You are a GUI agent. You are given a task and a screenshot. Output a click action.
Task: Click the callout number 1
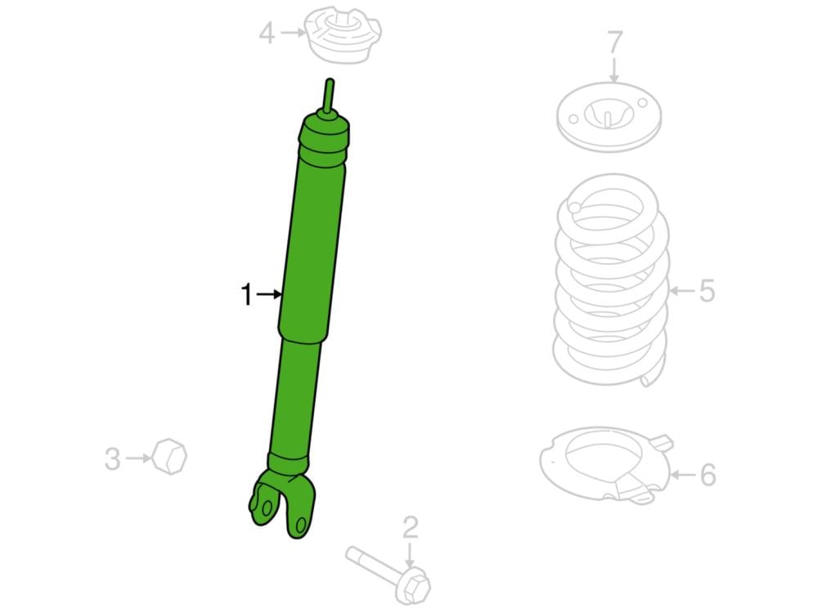246,295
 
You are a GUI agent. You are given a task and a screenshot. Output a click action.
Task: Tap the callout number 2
410,528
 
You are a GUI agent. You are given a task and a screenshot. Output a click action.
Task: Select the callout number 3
112,459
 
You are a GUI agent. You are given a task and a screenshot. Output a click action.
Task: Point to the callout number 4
267,33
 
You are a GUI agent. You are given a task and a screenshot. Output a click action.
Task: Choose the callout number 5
707,291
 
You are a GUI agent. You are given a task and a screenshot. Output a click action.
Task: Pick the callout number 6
708,475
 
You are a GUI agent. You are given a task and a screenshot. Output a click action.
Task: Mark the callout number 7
614,43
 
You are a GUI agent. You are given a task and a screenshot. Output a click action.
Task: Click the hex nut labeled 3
169,457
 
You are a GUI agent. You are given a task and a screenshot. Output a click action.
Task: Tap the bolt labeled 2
388,575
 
